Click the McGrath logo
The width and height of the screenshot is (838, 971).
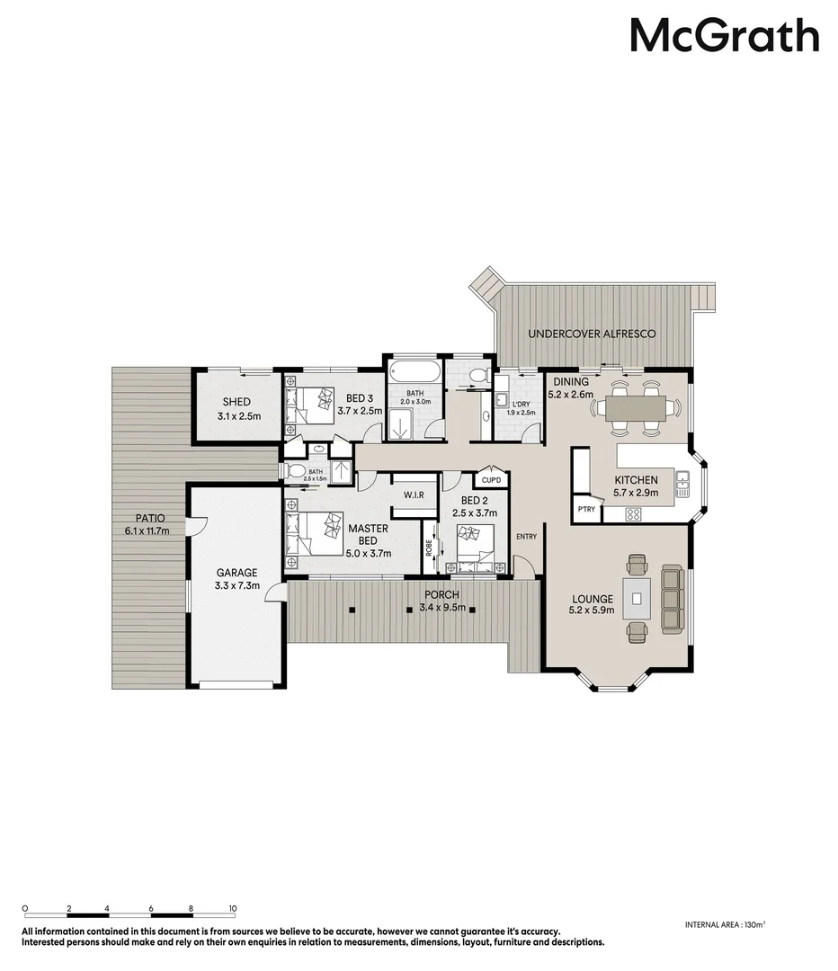[724, 37]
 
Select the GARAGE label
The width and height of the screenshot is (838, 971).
[236, 573]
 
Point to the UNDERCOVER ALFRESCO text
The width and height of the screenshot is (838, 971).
[592, 334]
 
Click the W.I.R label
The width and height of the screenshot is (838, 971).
[414, 495]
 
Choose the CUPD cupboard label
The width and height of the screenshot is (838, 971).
[491, 481]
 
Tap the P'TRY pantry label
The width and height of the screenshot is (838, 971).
[586, 510]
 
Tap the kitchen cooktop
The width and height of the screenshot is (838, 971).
[632, 515]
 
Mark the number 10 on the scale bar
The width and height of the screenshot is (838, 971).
[232, 909]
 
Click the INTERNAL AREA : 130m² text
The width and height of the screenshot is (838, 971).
[725, 924]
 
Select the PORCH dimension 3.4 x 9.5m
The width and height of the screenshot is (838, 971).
[441, 608]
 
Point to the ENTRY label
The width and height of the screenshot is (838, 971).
[526, 537]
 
